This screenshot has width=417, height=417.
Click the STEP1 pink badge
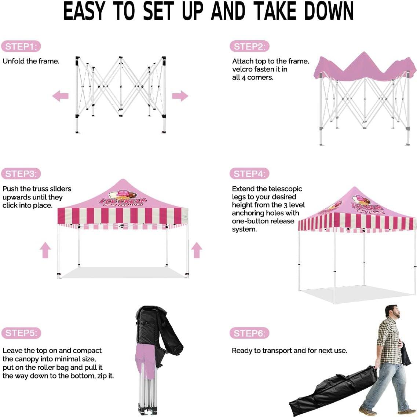pyautogui.click(x=21, y=47)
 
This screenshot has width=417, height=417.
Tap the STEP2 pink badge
pyautogui.click(x=249, y=47)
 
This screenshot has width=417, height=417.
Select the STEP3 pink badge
pyautogui.click(x=21, y=174)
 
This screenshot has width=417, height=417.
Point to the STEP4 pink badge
pyautogui.click(x=249, y=174)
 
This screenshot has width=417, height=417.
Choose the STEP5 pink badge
pyautogui.click(x=21, y=333)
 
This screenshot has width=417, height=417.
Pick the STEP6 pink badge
pyautogui.click(x=249, y=333)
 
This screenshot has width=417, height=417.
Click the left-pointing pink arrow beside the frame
pyautogui.click(x=61, y=96)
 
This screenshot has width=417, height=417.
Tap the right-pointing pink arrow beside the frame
pyautogui.click(x=180, y=96)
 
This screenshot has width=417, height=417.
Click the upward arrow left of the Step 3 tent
pyautogui.click(x=45, y=250)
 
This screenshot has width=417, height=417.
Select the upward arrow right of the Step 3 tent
pyautogui.click(x=197, y=250)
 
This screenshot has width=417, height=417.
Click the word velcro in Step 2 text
pyautogui.click(x=243, y=69)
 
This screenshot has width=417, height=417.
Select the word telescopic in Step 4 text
pyautogui.click(x=285, y=189)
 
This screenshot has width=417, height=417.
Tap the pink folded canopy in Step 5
pyautogui.click(x=146, y=358)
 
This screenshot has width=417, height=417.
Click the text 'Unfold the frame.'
pyautogui.click(x=31, y=61)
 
